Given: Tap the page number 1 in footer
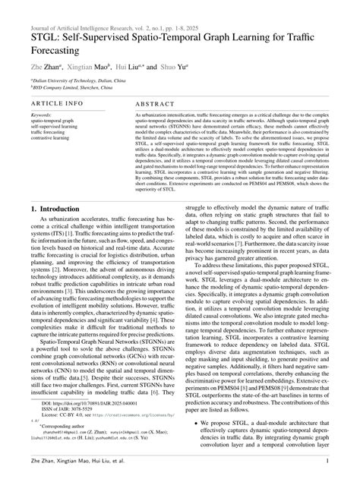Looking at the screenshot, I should coord(327,461).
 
